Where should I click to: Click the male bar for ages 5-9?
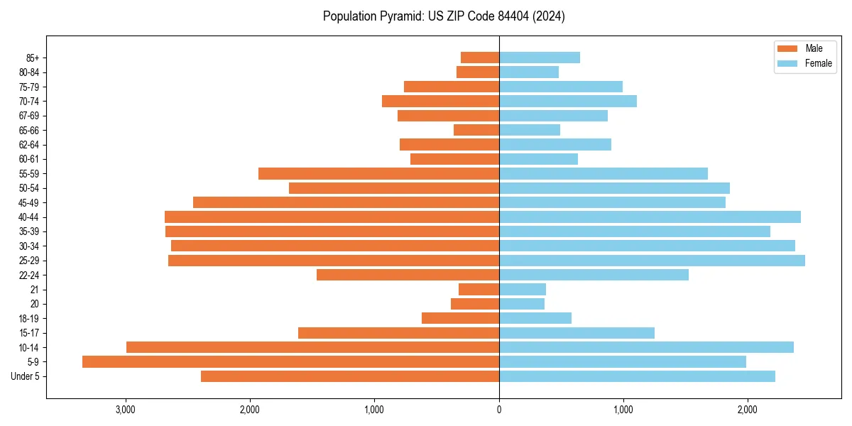[290, 362]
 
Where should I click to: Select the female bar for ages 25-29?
[652, 261]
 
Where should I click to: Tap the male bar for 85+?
[480, 58]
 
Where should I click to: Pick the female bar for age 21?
[523, 290]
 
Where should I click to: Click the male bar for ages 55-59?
[378, 174]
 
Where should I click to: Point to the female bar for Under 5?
[637, 376]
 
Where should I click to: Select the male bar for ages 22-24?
[408, 275]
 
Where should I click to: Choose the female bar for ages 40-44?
[650, 217]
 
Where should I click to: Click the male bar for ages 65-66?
[476, 130]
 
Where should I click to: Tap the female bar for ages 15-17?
[577, 333]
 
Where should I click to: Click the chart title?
[444, 16]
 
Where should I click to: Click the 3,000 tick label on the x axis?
[126, 410]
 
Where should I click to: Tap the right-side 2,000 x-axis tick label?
[747, 410]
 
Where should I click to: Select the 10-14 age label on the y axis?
[29, 348]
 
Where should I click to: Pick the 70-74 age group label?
[29, 102]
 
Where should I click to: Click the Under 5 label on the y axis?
[26, 376]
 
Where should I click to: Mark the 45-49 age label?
[29, 203]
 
